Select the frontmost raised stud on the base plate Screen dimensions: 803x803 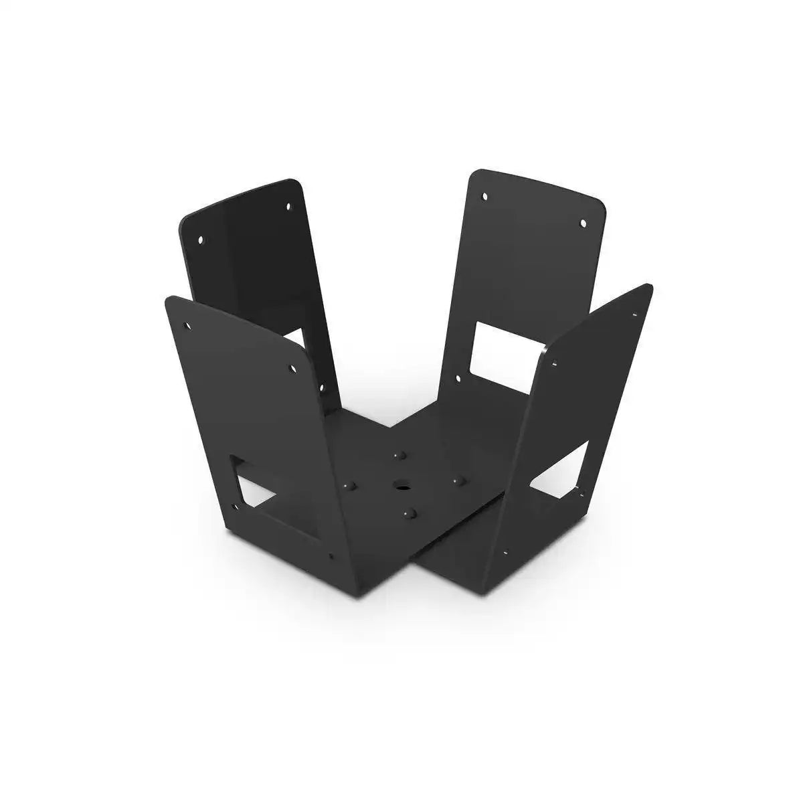click(410, 513)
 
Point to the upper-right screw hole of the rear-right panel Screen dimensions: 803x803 click(582, 222)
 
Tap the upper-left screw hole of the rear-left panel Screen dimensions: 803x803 click(199, 238)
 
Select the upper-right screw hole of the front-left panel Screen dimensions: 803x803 click(292, 368)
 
